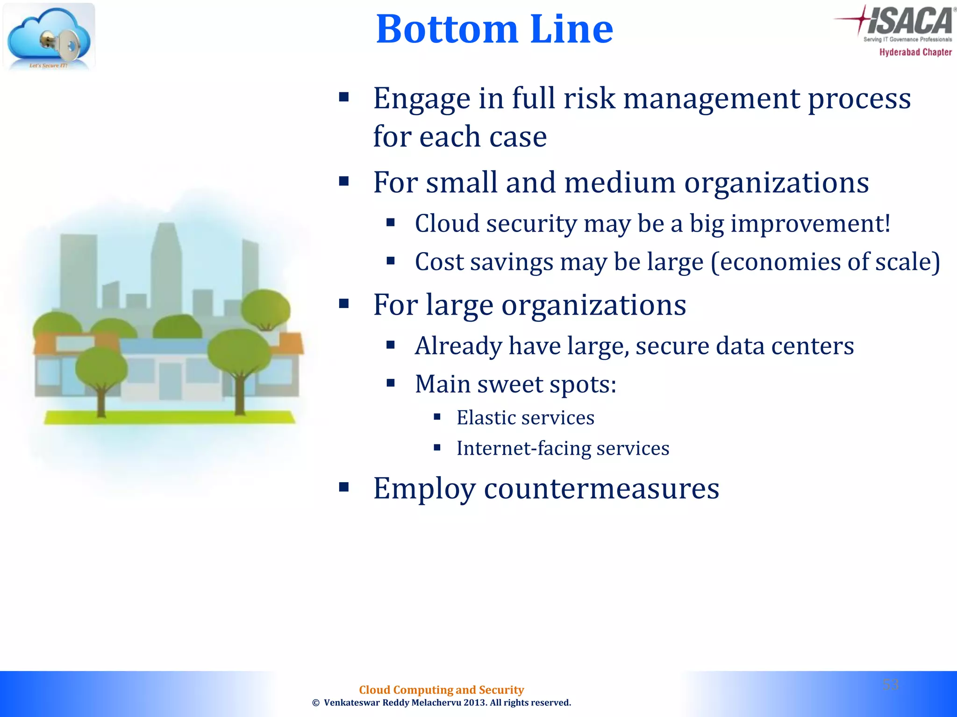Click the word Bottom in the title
447,29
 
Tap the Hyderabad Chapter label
915,52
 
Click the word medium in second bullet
620,183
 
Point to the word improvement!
810,224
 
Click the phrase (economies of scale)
825,262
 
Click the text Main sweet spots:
515,385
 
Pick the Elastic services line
525,418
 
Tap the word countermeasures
601,489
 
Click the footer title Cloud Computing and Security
441,689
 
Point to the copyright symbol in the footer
316,703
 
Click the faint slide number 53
890,685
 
